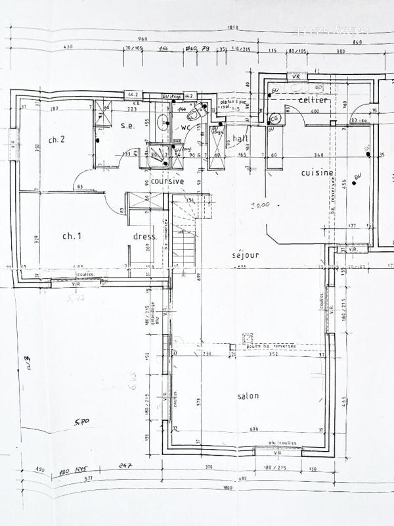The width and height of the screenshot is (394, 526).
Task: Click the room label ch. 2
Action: pyautogui.click(x=56, y=139)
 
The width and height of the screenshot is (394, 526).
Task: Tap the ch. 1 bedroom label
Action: pyautogui.click(x=71, y=235)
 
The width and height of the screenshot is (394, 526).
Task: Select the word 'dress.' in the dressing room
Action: pyautogui.click(x=144, y=236)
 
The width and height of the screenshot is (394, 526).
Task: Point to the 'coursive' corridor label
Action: pyautogui.click(x=167, y=181)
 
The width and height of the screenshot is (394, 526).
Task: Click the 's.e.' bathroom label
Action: pyautogui.click(x=127, y=126)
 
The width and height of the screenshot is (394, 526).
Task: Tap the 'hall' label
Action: pyautogui.click(x=239, y=138)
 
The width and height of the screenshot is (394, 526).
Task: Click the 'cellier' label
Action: pyautogui.click(x=313, y=100)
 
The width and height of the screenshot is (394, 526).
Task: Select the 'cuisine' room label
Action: pyautogui.click(x=318, y=173)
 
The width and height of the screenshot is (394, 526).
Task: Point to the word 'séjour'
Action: pyautogui.click(x=246, y=254)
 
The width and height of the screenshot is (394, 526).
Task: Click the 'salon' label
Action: pyautogui.click(x=248, y=396)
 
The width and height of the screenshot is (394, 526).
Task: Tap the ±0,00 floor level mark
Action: pyautogui.click(x=261, y=205)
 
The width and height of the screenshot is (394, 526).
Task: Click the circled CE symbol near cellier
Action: pyautogui.click(x=275, y=118)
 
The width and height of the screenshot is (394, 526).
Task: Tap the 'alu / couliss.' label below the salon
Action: pyautogui.click(x=283, y=444)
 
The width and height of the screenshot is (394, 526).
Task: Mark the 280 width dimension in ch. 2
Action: pyautogui.click(x=55, y=108)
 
